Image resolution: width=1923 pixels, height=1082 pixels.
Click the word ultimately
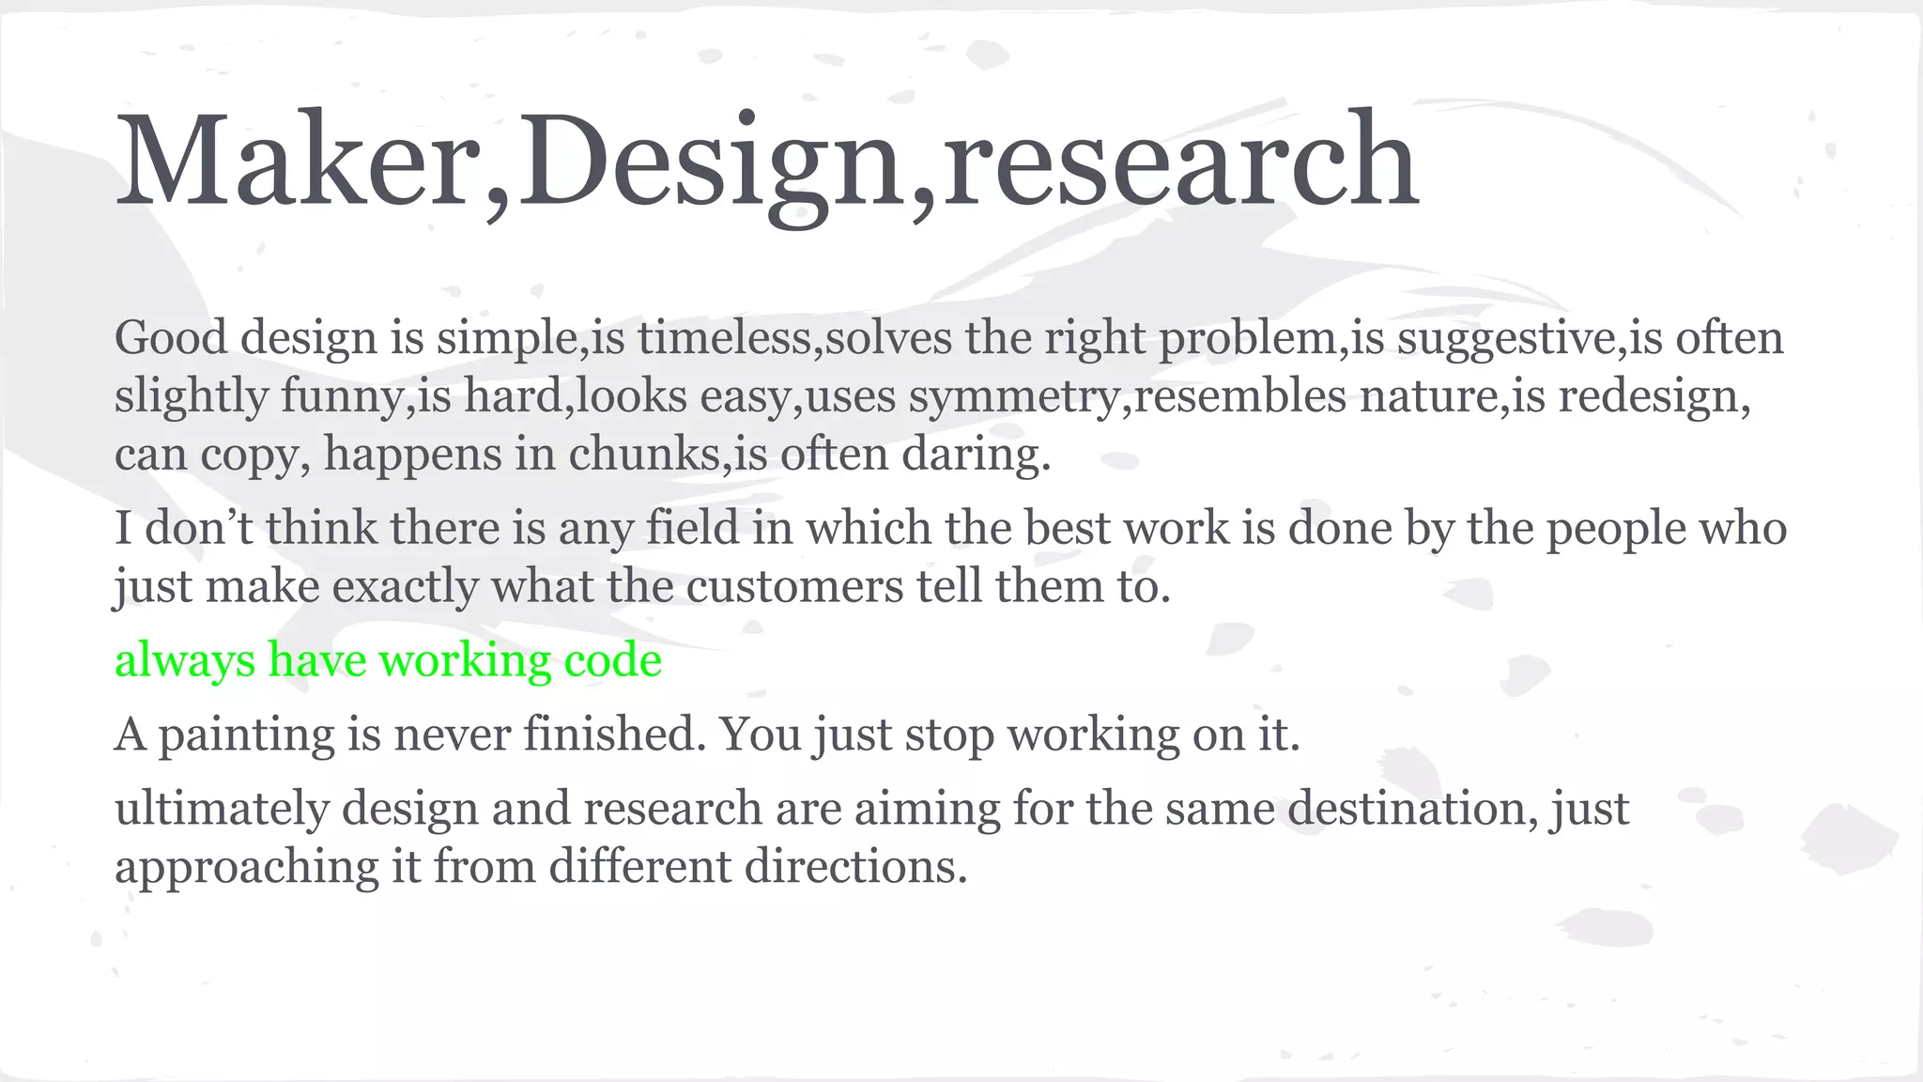(x=222, y=808)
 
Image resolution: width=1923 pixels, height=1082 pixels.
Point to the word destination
(x=1412, y=808)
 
